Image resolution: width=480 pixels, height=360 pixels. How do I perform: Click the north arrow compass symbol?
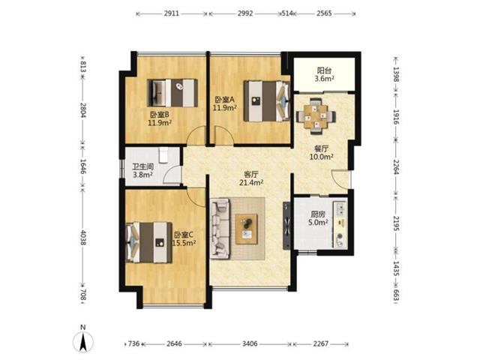click(83, 341)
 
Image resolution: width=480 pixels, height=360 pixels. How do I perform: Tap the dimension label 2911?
click(172, 13)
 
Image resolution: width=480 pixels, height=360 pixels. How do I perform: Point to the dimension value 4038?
click(83, 237)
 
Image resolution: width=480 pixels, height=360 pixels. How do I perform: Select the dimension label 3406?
click(250, 343)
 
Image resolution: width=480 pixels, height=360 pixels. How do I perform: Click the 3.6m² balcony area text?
click(324, 79)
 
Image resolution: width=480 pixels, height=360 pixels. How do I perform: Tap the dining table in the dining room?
click(316, 116)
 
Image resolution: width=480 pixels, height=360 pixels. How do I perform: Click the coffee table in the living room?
click(246, 229)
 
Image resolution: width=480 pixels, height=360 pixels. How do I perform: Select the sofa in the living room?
click(220, 228)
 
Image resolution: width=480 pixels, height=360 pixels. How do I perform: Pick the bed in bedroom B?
click(172, 93)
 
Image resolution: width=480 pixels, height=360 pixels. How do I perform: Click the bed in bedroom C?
click(148, 242)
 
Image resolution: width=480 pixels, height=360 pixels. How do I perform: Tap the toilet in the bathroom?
click(164, 155)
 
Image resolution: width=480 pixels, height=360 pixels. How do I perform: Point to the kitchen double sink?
click(340, 209)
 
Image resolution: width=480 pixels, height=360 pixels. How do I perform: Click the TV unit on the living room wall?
click(286, 226)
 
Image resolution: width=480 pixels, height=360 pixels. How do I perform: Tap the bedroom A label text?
click(224, 100)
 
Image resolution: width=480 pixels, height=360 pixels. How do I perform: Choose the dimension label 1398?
click(396, 74)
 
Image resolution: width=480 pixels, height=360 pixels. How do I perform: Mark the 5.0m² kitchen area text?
click(318, 223)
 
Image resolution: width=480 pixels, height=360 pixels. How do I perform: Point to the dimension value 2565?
click(324, 13)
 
